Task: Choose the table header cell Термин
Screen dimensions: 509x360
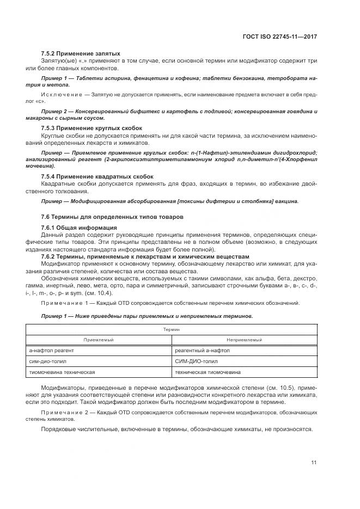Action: tap(172, 329)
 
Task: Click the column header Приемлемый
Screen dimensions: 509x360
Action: tap(99, 340)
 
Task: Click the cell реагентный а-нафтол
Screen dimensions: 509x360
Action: tap(202, 351)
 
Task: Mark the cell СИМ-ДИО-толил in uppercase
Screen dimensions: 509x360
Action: tap(197, 361)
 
